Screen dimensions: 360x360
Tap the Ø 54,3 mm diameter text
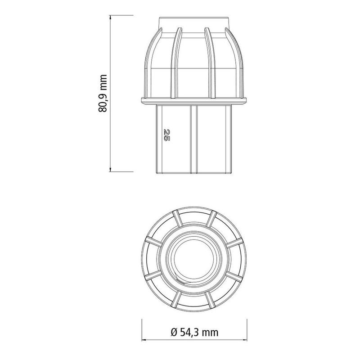(194, 333)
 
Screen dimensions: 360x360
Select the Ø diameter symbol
(174, 333)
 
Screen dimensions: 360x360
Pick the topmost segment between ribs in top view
(194, 216)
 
